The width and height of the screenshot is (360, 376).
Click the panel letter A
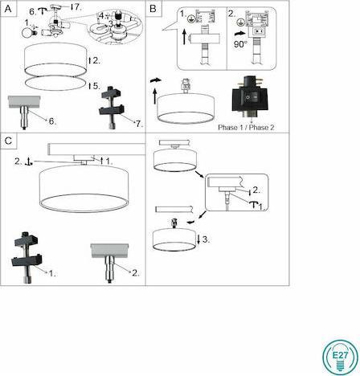click(8, 7)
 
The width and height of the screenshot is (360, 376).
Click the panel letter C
click(8, 141)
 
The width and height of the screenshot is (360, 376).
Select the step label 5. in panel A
click(94, 85)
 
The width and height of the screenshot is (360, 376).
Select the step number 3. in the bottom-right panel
click(207, 239)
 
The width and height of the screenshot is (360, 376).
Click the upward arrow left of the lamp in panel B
click(153, 104)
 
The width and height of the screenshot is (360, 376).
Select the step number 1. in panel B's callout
click(184, 14)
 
